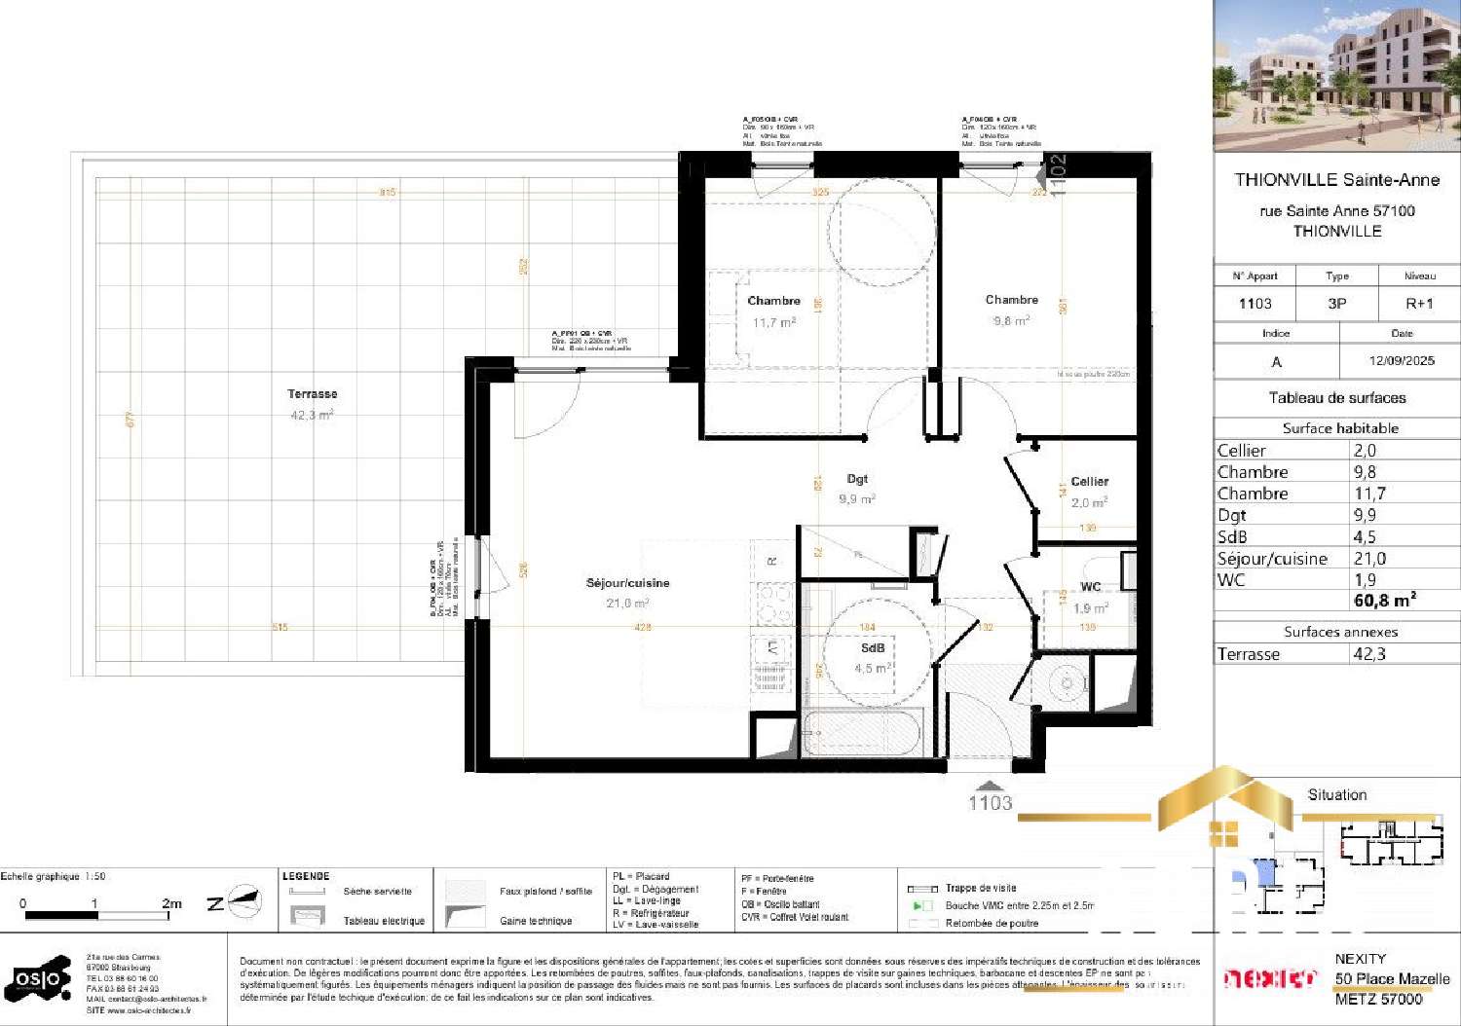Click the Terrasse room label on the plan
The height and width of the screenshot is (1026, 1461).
tap(312, 394)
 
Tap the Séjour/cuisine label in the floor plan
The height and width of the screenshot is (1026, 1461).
tap(627, 583)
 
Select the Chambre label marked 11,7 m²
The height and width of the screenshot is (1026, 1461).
tap(773, 301)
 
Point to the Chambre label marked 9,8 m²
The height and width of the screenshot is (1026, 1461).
tap(1011, 300)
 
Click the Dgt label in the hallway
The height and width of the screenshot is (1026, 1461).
tap(857, 479)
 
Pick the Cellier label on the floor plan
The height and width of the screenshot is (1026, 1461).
tap(1089, 481)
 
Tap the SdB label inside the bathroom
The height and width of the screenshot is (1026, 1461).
tap(873, 648)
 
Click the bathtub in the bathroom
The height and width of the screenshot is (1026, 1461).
tap(862, 733)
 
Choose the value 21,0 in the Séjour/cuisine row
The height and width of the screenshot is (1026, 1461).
tap(1369, 559)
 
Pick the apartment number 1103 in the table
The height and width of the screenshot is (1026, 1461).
tap(1255, 304)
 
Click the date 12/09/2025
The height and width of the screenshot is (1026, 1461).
tap(1401, 361)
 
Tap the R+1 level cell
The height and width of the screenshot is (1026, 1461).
tap(1419, 304)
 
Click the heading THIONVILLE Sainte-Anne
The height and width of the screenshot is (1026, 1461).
tap(1336, 180)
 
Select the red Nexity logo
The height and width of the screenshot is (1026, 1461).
tap(1269, 978)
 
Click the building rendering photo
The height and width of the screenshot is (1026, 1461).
tap(1336, 76)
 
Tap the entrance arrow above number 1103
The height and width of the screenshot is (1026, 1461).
tap(990, 786)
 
